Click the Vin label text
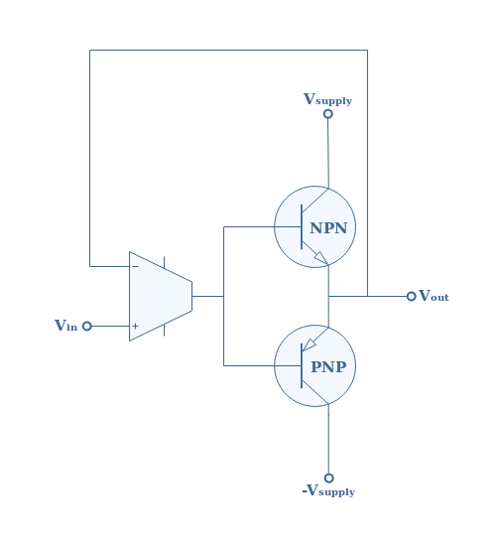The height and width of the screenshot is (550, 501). [x=65, y=326]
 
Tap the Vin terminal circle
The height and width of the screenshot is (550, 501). [x=87, y=327]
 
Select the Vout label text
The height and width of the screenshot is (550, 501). [x=434, y=296]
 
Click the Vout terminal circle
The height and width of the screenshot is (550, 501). [x=412, y=297]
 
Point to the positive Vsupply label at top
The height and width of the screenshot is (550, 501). [x=327, y=99]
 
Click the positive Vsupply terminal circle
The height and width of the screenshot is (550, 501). [x=328, y=114]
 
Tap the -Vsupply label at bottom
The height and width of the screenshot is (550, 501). [x=328, y=490]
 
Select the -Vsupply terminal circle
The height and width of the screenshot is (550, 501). [x=328, y=478]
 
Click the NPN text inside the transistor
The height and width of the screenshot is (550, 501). [x=328, y=228]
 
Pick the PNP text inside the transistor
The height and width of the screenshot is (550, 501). [x=328, y=367]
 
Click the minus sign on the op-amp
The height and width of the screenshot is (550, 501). [x=135, y=267]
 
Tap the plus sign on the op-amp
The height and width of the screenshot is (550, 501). [x=135, y=327]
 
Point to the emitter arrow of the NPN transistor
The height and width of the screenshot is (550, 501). [x=321, y=257]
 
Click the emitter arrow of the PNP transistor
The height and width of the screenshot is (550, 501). [x=309, y=344]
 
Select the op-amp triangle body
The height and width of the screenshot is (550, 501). [x=161, y=297]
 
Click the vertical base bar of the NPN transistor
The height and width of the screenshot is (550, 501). [x=302, y=227]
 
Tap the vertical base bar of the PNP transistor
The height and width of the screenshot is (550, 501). [x=302, y=366]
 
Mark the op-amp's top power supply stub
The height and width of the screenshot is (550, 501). [x=164, y=262]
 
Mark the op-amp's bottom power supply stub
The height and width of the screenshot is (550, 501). [x=164, y=330]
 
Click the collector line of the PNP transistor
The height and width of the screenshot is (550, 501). [x=315, y=393]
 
